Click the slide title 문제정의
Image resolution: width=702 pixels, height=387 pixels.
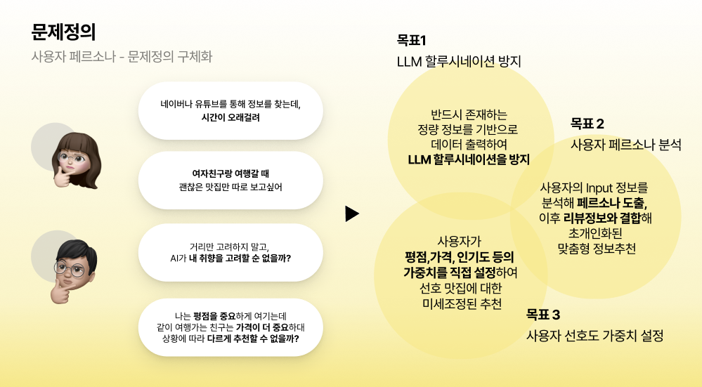coord(63,32)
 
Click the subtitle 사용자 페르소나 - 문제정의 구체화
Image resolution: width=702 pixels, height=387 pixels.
coord(122,57)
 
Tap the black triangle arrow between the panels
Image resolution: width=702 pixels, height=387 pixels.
coord(352,214)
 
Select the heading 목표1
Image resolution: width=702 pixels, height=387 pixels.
coord(412,40)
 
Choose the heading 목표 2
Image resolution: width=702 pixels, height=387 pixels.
coord(587,124)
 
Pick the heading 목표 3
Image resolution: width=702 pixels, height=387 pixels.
coord(543,314)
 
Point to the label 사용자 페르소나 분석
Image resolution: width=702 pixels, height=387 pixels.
coord(625,145)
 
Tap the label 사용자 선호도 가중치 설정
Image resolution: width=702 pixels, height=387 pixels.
coord(594,335)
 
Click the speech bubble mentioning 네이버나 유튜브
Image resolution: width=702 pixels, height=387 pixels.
coord(230,110)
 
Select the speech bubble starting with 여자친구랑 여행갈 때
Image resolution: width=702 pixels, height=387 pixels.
coord(230,180)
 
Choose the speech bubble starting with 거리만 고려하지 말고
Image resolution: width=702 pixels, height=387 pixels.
coord(230,251)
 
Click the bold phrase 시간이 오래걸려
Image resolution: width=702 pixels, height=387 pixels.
coord(230,118)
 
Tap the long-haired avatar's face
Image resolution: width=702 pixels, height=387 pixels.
coord(73,158)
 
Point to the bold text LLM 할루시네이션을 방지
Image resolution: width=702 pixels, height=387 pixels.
coord(469,159)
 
